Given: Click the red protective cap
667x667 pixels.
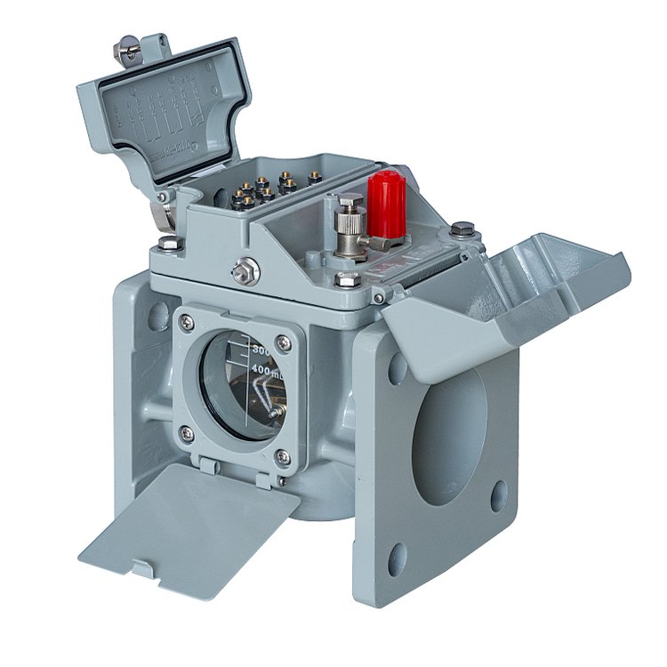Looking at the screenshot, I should pos(387,205).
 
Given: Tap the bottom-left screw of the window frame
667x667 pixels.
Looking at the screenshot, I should pos(187,433).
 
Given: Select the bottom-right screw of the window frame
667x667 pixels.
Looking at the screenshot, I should pos(282,457).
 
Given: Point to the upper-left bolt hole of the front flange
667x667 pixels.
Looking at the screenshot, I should pos(398,366).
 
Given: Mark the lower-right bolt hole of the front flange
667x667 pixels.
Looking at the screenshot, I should pos(499,496).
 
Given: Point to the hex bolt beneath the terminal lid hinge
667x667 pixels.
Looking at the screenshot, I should pos(167,242).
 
